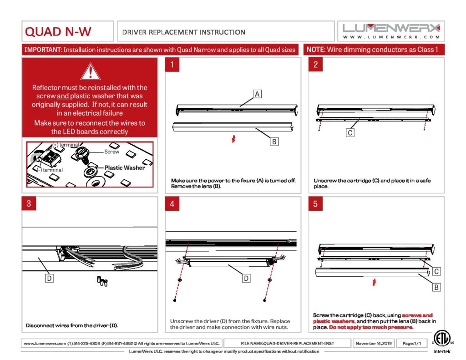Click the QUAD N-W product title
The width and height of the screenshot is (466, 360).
click(x=58, y=32)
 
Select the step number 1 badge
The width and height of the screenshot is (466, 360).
click(x=172, y=65)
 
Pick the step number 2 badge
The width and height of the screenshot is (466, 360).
click(x=315, y=65)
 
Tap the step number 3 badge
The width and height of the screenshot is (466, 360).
click(x=29, y=203)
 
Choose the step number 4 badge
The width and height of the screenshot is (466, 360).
click(x=172, y=203)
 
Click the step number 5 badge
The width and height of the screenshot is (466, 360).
click(x=315, y=203)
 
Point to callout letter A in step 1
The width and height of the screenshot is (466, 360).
click(x=257, y=94)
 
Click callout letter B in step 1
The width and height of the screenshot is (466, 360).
click(x=274, y=142)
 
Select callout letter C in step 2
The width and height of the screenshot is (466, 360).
click(x=349, y=133)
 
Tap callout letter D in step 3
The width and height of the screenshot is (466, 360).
click(x=49, y=278)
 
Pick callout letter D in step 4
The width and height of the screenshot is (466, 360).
click(x=246, y=278)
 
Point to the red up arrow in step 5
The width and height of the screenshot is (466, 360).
click(x=374, y=283)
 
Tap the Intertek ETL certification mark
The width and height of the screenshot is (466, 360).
click(x=440, y=341)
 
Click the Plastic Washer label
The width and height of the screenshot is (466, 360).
click(x=125, y=167)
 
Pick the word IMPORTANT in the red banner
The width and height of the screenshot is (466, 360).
click(x=42, y=50)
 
